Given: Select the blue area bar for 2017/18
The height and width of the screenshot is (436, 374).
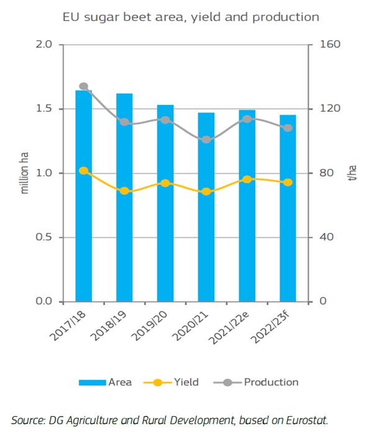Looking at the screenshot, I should tap(84, 199).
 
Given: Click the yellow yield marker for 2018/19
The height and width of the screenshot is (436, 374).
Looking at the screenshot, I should tap(124, 191).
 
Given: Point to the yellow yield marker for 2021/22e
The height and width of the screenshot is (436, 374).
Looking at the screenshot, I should tap(247, 179).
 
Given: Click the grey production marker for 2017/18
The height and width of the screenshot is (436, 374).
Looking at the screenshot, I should tap(84, 86).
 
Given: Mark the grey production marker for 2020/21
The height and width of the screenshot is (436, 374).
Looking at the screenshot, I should tap(206, 140).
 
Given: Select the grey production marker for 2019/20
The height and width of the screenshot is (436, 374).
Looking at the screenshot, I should tap(165, 119).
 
